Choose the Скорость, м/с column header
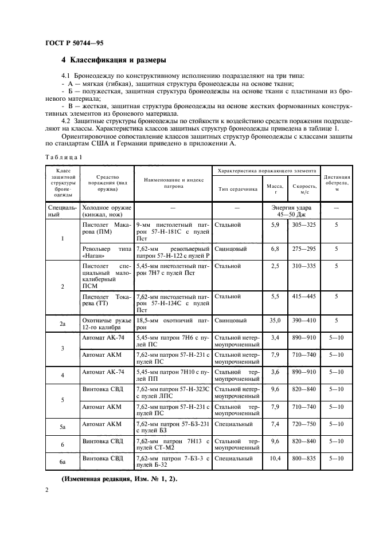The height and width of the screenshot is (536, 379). coord(303,188)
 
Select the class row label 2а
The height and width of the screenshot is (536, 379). coord(62,323)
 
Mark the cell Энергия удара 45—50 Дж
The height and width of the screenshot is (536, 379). coord(288,210)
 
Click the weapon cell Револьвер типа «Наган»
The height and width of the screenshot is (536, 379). coord(107,253)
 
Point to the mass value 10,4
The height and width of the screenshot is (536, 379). coord(273,458)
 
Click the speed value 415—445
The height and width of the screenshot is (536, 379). coord(303,296)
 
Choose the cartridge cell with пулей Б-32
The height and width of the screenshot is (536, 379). coord(172,462)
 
